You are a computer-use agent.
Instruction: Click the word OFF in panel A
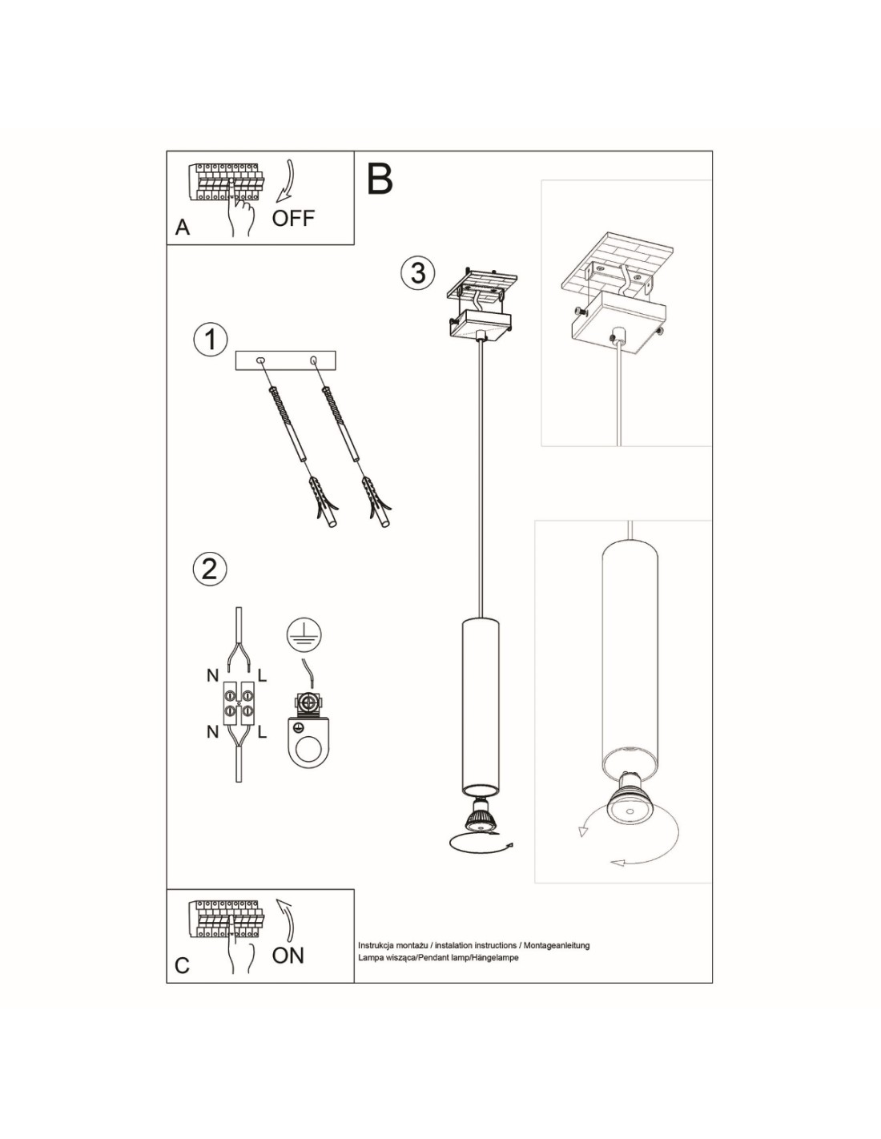(x=293, y=218)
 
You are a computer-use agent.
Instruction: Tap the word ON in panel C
(x=288, y=956)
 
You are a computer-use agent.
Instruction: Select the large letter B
(x=380, y=179)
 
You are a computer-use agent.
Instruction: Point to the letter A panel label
(x=183, y=227)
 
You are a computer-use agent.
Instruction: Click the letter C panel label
(x=182, y=965)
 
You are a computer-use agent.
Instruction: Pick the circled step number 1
(x=211, y=340)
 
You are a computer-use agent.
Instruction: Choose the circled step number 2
(x=210, y=569)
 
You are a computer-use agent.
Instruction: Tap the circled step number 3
(x=418, y=273)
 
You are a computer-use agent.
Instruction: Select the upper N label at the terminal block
(x=212, y=676)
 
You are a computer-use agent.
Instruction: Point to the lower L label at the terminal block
(x=262, y=732)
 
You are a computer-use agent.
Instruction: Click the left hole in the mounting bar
(x=260, y=360)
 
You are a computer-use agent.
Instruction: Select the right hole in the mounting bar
(x=314, y=360)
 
